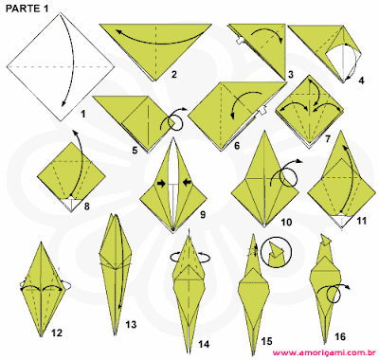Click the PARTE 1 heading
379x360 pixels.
tap(27, 9)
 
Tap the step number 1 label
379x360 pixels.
tap(82, 114)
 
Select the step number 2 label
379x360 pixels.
tap(174, 75)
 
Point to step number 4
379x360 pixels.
tap(361, 81)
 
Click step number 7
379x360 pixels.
tap(328, 138)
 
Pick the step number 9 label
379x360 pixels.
tap(203, 215)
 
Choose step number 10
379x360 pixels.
tap(286, 222)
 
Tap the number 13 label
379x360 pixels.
tap(131, 324)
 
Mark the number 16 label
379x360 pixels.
tap(340, 336)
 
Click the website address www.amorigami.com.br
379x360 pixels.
tap(323, 352)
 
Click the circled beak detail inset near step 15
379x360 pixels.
tap(277, 252)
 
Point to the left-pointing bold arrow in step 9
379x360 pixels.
tap(188, 182)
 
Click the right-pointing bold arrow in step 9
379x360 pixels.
tap(161, 184)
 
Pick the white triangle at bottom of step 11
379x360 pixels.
tap(341, 219)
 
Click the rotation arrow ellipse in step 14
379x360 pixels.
tap(189, 258)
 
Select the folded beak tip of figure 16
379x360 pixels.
tap(327, 239)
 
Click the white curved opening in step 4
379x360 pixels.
tap(343, 61)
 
